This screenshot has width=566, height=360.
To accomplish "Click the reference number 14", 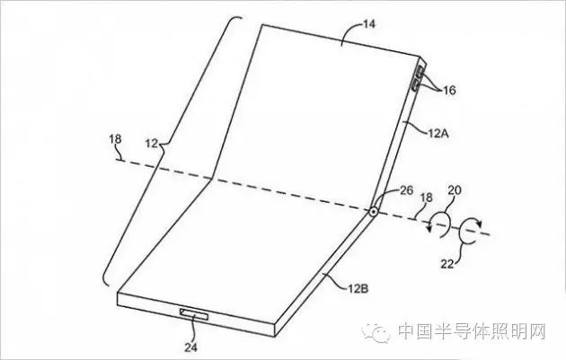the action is point(369,24).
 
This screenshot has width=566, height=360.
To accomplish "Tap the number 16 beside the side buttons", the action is point(449,90).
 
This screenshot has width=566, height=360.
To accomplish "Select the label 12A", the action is point(438,134).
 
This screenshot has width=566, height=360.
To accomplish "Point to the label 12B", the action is point(358,288).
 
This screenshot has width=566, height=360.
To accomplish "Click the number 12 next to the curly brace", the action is point(152,144).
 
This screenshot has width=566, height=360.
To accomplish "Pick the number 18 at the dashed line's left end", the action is point(116,139).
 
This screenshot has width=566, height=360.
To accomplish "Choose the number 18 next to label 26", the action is point(427,198).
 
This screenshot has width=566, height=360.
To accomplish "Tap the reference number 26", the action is point(406,190).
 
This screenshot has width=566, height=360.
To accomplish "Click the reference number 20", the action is point(455,190).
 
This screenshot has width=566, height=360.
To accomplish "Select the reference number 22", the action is point(447,264).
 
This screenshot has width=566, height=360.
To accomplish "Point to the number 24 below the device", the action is point(191,347).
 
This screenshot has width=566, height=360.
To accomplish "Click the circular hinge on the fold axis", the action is point(373,212).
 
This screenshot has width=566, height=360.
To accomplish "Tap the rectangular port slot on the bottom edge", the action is point(195,313).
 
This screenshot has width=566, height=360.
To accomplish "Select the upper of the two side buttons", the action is point(420,72).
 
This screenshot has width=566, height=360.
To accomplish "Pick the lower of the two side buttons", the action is point(415,86).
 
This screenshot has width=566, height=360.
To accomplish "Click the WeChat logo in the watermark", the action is point(376,332).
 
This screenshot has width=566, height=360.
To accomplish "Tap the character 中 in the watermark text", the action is point(407,331).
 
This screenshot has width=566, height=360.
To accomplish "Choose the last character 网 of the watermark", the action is point(536,331).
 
